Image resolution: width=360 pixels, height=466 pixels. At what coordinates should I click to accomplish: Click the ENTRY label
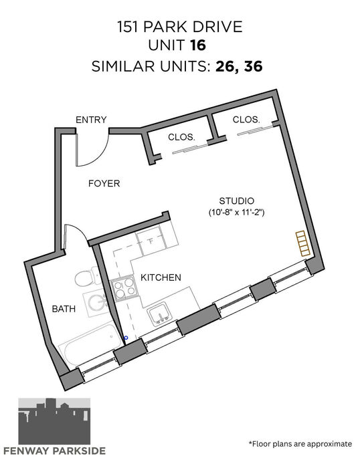pyautogui.click(x=91, y=120)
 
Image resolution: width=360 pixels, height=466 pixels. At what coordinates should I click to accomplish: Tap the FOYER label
pyautogui.click(x=104, y=183)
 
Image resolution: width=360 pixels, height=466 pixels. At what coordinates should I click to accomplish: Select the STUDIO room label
pyautogui.click(x=236, y=201)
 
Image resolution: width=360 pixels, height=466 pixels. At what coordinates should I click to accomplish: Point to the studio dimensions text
pyautogui.click(x=236, y=213)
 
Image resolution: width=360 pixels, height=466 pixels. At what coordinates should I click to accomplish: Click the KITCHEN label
pyautogui.click(x=161, y=277)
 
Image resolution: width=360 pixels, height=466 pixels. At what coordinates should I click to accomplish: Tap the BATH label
pyautogui.click(x=64, y=309)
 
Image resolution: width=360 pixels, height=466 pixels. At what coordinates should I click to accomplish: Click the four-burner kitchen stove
pyautogui.click(x=124, y=289)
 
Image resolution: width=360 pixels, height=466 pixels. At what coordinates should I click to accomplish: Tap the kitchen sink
pyautogui.click(x=159, y=314)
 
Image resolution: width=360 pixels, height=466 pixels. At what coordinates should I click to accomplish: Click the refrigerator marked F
pyautogui.click(x=151, y=241)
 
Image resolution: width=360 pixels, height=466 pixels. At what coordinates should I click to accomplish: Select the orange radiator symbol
pyautogui.click(x=303, y=243)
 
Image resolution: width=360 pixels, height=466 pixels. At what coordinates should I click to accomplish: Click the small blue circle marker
pyautogui.click(x=126, y=338)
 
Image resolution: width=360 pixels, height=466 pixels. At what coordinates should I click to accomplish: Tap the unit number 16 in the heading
pyautogui.click(x=198, y=45)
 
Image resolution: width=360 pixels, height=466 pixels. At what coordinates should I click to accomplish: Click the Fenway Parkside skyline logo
pyautogui.click(x=54, y=421)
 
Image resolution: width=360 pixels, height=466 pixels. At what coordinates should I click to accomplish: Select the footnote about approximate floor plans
pyautogui.click(x=300, y=444)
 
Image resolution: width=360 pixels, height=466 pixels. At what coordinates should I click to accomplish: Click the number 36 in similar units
pyautogui.click(x=253, y=66)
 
